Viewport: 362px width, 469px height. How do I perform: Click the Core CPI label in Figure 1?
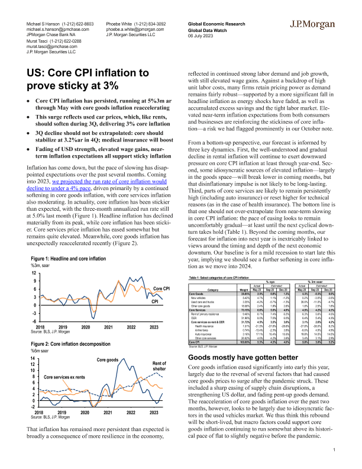(162, 288)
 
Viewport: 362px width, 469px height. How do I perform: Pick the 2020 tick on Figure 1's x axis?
(85, 327)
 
